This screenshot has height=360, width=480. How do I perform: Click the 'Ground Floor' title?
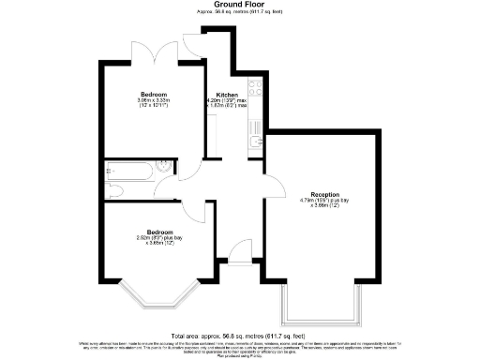coord(239,5)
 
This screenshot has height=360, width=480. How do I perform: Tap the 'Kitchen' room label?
coord(227,95)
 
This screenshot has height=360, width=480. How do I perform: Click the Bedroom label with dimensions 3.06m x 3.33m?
coord(155,95)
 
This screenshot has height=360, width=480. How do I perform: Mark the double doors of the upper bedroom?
coord(156,52)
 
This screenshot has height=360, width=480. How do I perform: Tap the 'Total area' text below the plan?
coord(239,335)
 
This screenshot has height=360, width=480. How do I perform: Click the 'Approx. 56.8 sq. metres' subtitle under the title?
coord(239,13)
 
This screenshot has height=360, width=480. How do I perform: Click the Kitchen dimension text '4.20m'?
coord(215,100)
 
